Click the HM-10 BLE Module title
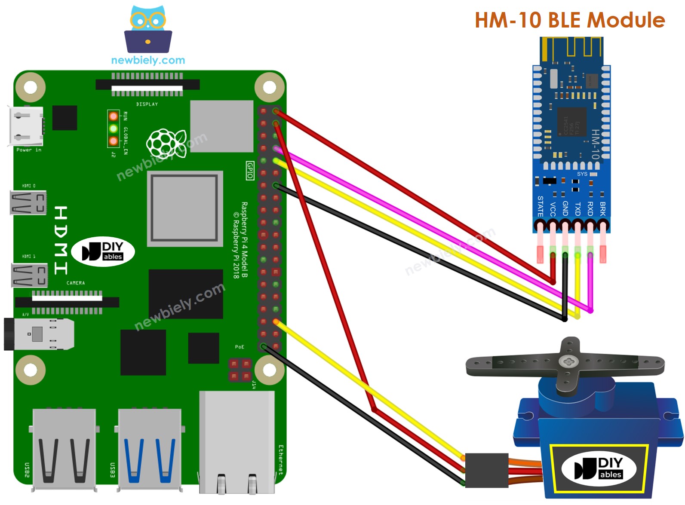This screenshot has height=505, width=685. click(x=569, y=20)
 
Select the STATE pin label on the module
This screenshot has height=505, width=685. click(x=541, y=206)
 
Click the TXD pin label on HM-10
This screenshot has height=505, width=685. click(x=578, y=209)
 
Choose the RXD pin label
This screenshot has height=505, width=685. click(x=590, y=209)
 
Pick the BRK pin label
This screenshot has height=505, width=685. click(x=603, y=209)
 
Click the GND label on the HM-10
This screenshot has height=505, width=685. click(x=565, y=209)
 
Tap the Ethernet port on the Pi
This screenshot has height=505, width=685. click(x=237, y=443)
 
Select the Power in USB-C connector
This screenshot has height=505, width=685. click(x=26, y=126)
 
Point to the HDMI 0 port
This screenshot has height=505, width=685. click(x=28, y=202)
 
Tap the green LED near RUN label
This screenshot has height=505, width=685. click(x=113, y=129)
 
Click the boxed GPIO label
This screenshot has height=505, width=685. click(x=250, y=170)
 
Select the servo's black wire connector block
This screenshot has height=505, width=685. click(x=486, y=470)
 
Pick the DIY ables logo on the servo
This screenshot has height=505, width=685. click(x=599, y=468)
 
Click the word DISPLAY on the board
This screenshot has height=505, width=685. click(x=147, y=104)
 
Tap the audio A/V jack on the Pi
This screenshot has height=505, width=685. click(x=39, y=334)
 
